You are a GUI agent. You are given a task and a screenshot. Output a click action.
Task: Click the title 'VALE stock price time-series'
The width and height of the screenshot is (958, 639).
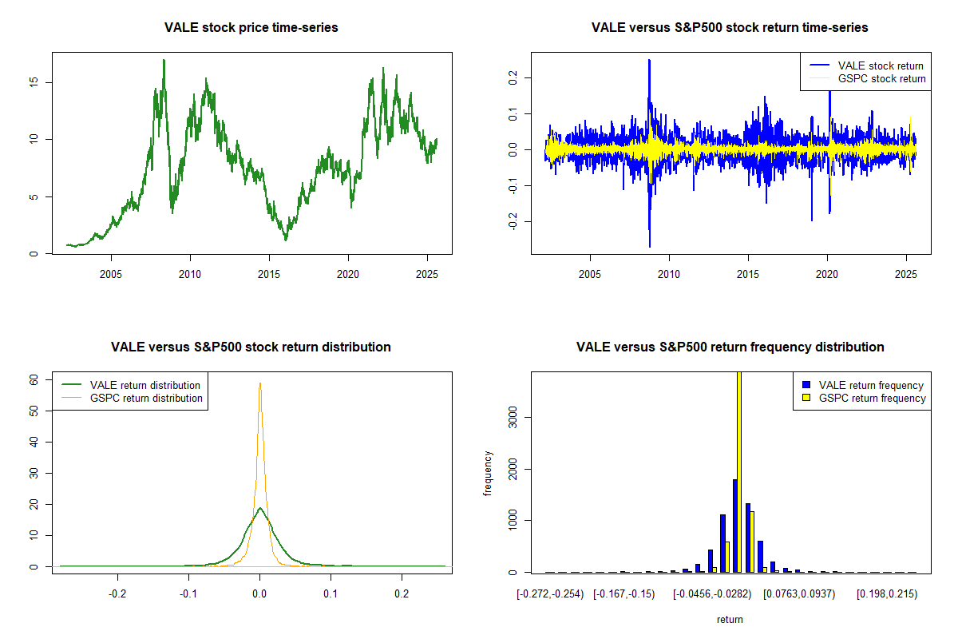click(251, 28)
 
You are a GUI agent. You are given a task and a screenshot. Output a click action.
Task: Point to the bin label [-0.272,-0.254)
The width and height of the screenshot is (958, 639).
click(551, 593)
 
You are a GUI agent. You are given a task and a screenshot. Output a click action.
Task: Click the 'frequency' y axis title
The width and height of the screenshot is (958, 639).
click(488, 473)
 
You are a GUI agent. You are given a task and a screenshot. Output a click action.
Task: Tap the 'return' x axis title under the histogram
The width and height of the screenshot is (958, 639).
click(730, 619)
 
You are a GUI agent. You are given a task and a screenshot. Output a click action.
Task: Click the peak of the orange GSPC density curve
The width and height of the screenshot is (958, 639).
click(259, 383)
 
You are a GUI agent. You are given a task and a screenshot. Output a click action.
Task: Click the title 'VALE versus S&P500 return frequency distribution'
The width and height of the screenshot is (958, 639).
click(730, 347)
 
